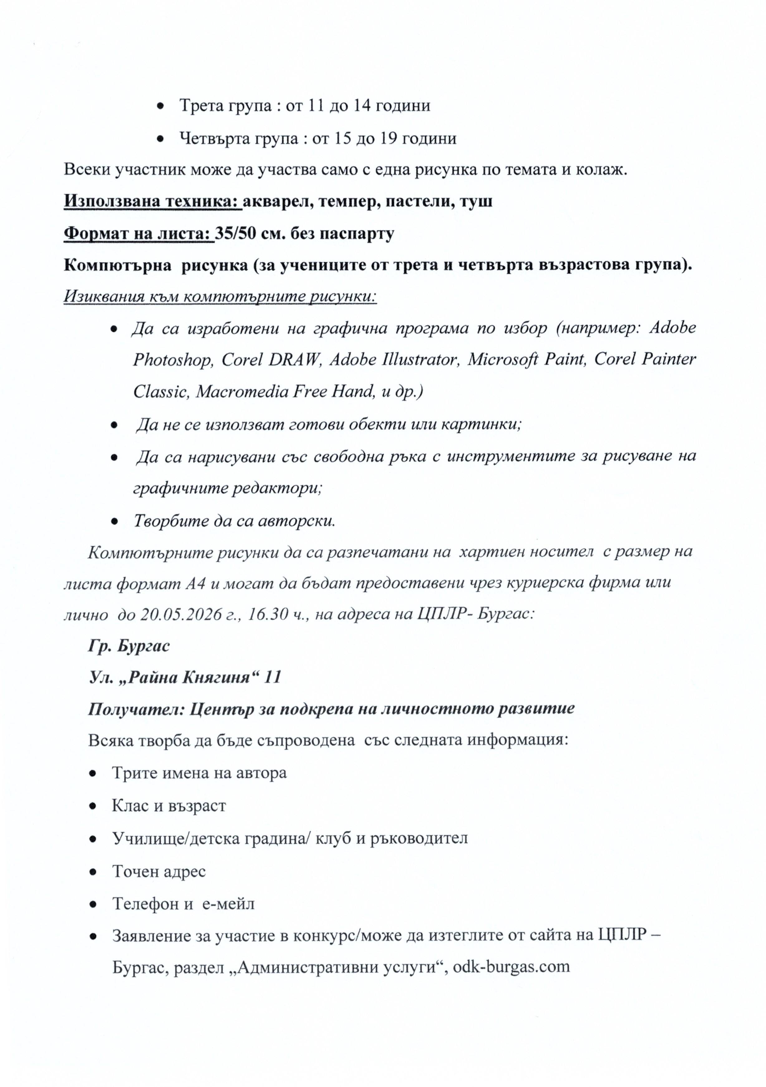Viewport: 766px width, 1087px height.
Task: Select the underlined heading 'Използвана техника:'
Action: click(152, 201)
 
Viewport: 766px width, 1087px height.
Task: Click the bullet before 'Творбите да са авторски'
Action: click(114, 521)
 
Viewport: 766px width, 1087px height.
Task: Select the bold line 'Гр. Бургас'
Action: click(129, 646)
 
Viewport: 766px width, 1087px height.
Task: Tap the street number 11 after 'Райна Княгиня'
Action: click(273, 677)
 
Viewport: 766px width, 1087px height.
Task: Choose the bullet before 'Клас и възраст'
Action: click(93, 806)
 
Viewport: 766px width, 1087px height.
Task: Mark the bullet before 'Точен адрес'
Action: click(93, 872)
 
